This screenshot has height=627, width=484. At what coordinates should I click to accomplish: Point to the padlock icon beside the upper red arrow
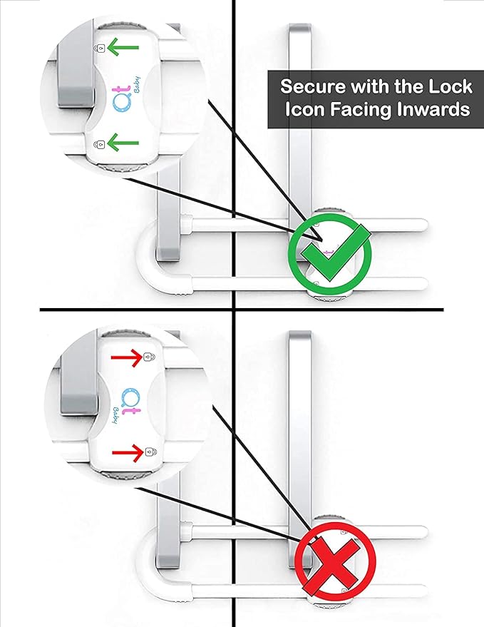148,357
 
